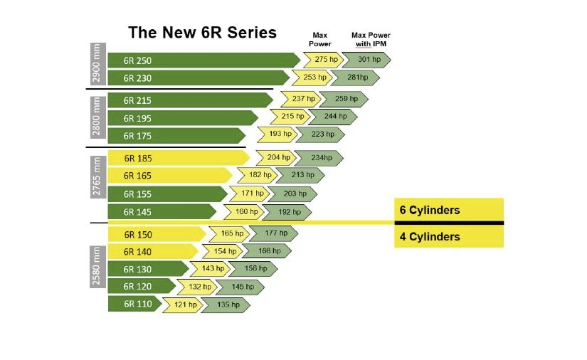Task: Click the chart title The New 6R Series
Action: click(x=202, y=33)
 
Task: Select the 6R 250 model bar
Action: click(x=203, y=60)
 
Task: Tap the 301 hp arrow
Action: click(x=369, y=60)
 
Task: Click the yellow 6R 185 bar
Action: click(x=178, y=158)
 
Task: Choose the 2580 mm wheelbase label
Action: click(x=96, y=266)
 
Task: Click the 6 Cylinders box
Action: click(x=448, y=210)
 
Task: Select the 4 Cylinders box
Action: click(x=448, y=236)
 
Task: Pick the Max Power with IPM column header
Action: click(x=371, y=40)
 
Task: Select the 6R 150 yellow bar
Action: click(x=157, y=234)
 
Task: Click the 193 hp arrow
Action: click(x=280, y=134)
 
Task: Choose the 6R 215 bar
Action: click(x=192, y=100)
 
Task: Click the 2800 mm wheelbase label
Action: click(x=96, y=115)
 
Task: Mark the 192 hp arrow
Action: click(x=289, y=211)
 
